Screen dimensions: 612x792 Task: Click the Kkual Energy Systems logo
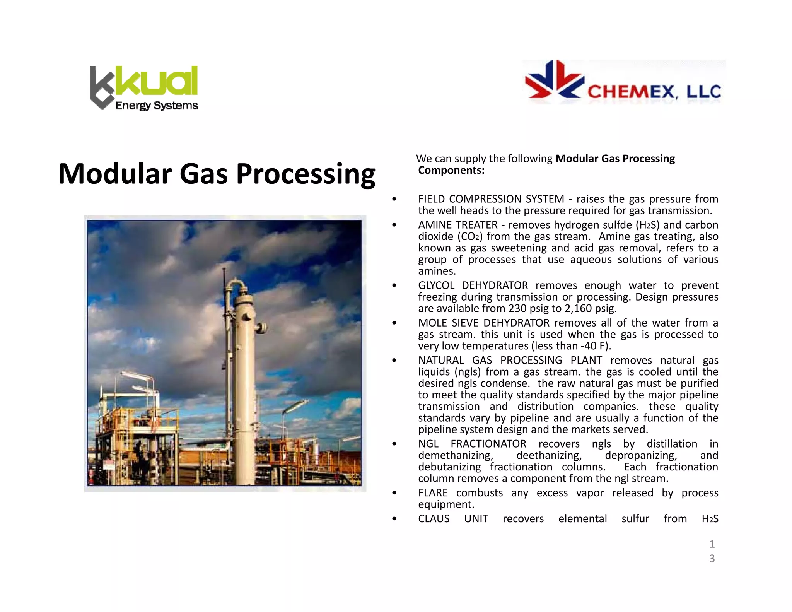(x=144, y=88)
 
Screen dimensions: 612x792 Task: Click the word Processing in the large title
(x=306, y=174)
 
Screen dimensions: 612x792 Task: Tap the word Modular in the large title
(x=114, y=174)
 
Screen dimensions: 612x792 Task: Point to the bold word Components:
(x=451, y=171)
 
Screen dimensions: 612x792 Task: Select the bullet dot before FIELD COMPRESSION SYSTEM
(x=394, y=199)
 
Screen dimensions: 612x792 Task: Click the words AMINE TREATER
(x=457, y=225)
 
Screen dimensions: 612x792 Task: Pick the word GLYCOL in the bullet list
(x=436, y=285)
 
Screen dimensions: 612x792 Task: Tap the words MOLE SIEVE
(x=448, y=323)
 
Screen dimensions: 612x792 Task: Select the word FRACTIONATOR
(x=488, y=444)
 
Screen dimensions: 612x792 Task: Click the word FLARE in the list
(x=433, y=493)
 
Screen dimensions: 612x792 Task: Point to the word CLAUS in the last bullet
(x=434, y=519)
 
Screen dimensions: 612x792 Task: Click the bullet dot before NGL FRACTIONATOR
(x=394, y=444)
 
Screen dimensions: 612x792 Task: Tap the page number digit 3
(x=712, y=559)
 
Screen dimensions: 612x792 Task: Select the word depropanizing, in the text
(x=641, y=456)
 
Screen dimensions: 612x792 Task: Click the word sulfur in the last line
(x=635, y=519)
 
